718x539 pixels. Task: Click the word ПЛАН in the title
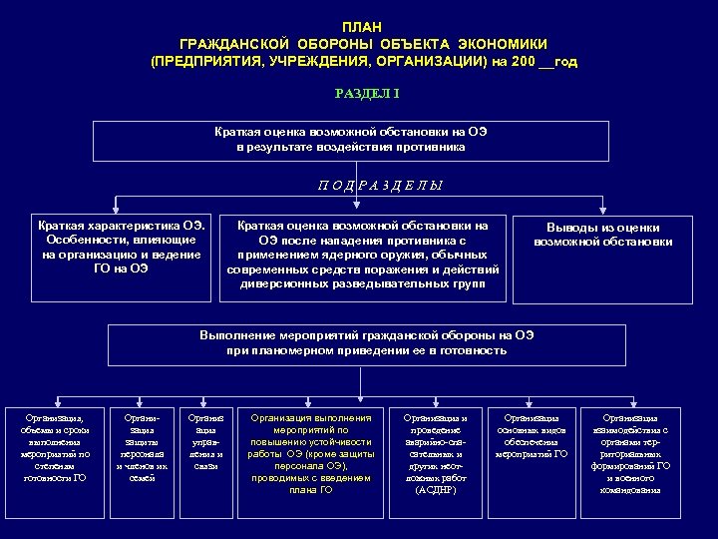(x=361, y=26)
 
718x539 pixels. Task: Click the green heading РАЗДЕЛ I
(x=361, y=94)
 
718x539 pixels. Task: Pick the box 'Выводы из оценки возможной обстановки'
(x=602, y=236)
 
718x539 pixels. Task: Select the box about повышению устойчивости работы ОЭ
(x=310, y=454)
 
